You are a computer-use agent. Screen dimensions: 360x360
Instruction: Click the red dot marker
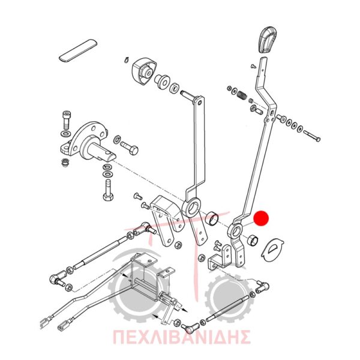coord(261,218)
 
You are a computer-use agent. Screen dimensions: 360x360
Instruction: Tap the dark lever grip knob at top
coord(267,40)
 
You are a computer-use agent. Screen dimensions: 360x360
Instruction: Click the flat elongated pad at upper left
coord(78,51)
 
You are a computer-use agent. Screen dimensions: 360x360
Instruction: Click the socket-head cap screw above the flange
coord(67,121)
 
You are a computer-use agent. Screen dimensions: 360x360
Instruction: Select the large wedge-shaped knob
coord(144,71)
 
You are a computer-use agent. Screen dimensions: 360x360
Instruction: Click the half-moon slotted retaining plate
coord(272,250)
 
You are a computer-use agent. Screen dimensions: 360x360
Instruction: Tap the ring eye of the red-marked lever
coord(235,231)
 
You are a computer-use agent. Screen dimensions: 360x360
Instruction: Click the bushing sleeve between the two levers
coord(212,218)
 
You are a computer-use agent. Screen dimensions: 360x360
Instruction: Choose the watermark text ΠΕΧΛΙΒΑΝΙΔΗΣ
coord(181,337)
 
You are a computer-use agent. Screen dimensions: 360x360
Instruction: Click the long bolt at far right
coord(312,136)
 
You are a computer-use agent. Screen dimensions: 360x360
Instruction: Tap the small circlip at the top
coord(126,60)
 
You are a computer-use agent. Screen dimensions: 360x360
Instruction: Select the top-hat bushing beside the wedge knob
coord(162,81)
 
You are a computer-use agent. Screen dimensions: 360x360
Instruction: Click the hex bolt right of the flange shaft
coord(129,148)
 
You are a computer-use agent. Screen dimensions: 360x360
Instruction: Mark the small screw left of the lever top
coord(253,66)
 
